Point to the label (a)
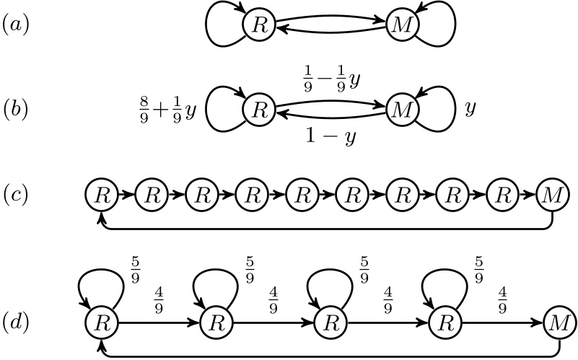point(16,26)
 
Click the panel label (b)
point(16,111)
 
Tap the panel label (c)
point(16,195)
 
